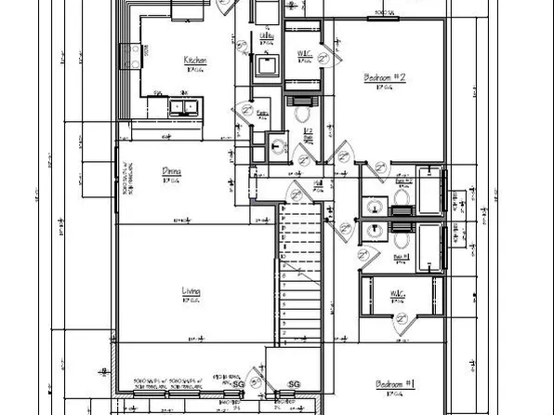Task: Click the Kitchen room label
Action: (x=194, y=60)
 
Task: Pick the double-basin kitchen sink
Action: (x=182, y=107)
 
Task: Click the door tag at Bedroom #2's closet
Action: (x=325, y=57)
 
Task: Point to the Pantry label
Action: (x=263, y=113)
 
